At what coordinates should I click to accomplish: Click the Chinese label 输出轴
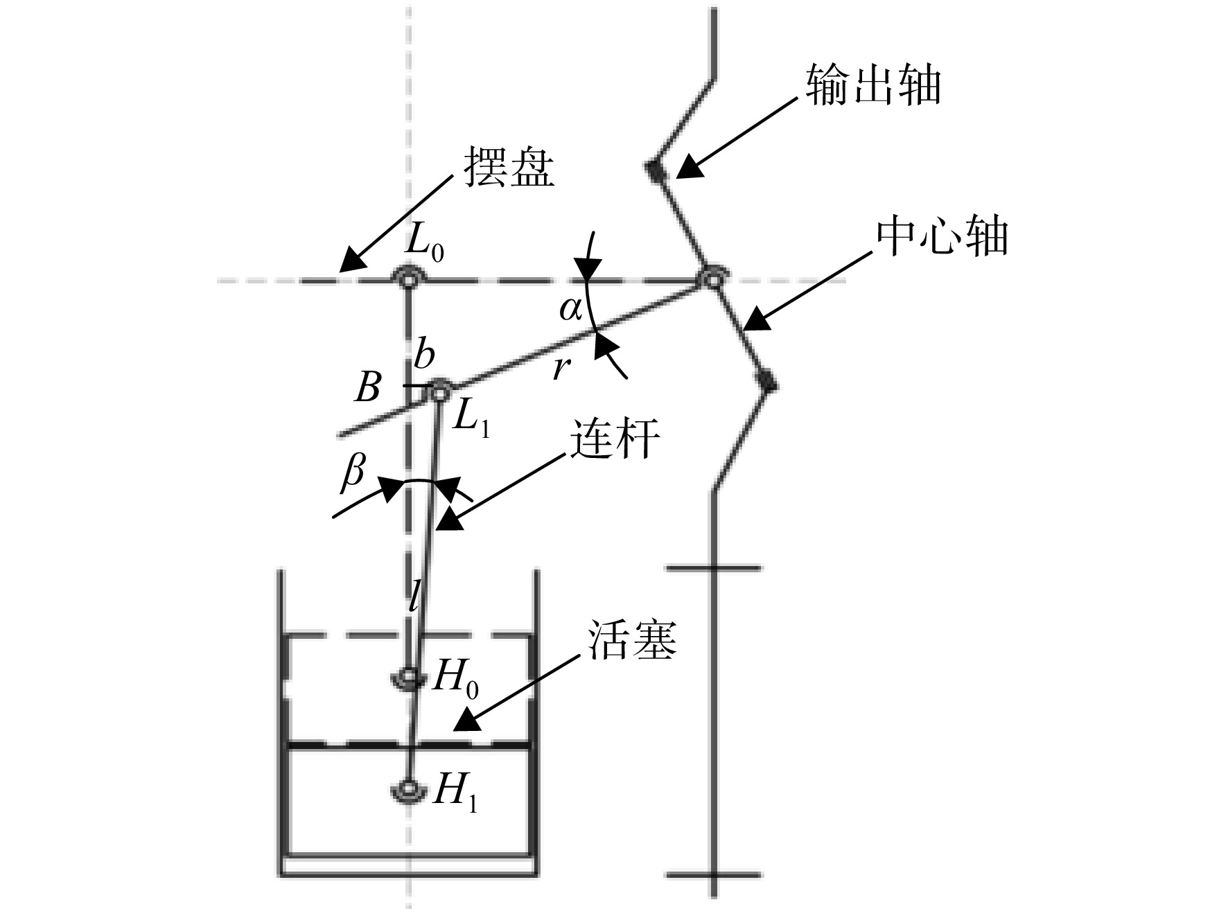(x=872, y=86)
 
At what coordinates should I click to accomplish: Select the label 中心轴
(x=941, y=237)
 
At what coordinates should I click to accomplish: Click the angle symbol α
(x=570, y=310)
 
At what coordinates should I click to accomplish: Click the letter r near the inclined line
(x=561, y=369)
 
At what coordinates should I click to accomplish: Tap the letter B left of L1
(x=368, y=389)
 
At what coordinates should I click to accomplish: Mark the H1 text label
(x=455, y=792)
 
